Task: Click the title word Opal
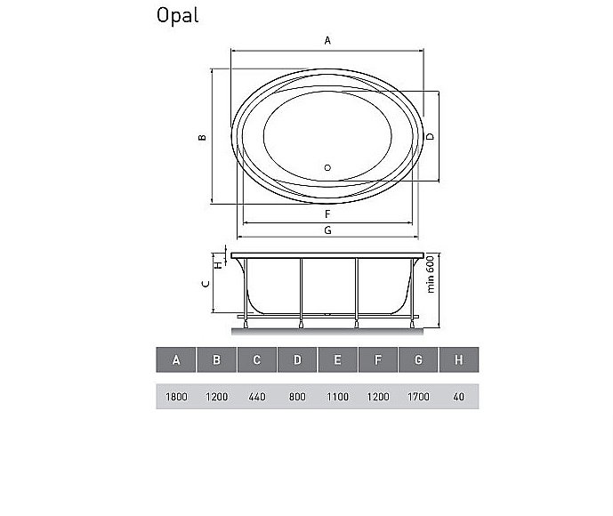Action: pyautogui.click(x=177, y=15)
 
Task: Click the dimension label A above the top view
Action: pyautogui.click(x=327, y=41)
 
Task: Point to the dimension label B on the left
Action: pyautogui.click(x=203, y=137)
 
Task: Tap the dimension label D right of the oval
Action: pyautogui.click(x=430, y=136)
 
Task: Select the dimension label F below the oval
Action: pyautogui.click(x=327, y=214)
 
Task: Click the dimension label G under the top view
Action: pyautogui.click(x=327, y=230)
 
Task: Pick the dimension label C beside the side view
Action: pyautogui.click(x=205, y=284)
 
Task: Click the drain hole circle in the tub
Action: pyautogui.click(x=327, y=167)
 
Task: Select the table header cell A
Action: pyautogui.click(x=176, y=359)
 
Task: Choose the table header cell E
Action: pyautogui.click(x=337, y=359)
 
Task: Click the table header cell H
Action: pyautogui.click(x=458, y=359)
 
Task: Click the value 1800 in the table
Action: pyautogui.click(x=176, y=397)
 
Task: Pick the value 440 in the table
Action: pyautogui.click(x=256, y=397)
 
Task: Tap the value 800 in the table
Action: pyautogui.click(x=297, y=397)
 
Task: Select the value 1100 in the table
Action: pyautogui.click(x=337, y=397)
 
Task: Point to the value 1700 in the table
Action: pyautogui.click(x=418, y=397)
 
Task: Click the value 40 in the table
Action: pyautogui.click(x=458, y=397)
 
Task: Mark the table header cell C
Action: pyautogui.click(x=256, y=359)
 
